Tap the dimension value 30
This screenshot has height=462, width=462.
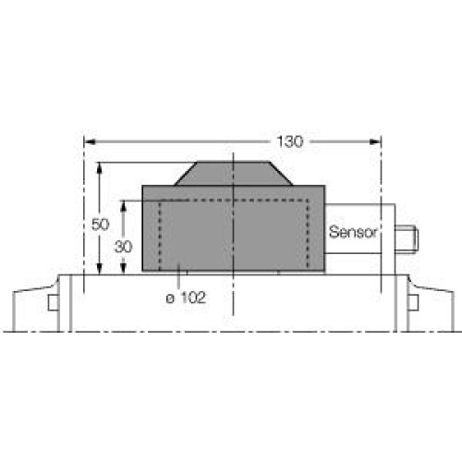[x=122, y=247]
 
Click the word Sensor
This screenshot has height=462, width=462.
[x=354, y=233]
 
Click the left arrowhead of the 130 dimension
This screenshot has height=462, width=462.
[x=90, y=141]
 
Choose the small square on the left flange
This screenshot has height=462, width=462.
[x=53, y=302]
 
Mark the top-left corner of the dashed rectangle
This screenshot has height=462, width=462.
[x=161, y=201]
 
